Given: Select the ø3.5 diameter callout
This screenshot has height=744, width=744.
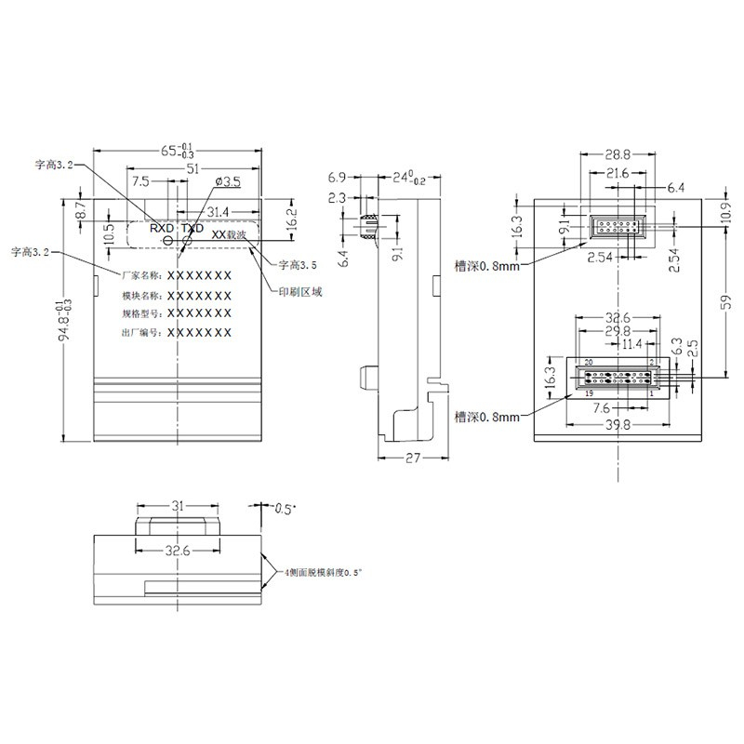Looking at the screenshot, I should tap(228, 180).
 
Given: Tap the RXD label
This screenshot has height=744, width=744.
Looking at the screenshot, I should tap(162, 227).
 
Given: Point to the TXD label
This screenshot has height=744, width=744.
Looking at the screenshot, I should tap(192, 227).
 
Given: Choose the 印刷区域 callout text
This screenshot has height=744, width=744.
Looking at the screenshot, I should tap(301, 291).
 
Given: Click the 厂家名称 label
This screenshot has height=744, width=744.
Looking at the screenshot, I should tap(141, 276).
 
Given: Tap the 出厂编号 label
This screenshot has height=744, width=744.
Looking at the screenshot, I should tap(141, 332).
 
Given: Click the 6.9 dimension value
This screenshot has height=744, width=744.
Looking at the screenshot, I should tap(338, 177).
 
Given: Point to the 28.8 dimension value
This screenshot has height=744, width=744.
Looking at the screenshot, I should tap(615, 154).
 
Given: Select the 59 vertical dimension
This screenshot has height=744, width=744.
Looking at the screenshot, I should tap(729, 300).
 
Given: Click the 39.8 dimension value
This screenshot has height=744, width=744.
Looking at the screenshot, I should tap(616, 425).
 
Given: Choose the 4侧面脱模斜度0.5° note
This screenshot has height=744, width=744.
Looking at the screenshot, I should tap(322, 573).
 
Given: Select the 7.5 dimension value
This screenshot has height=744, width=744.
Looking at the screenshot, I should tap(141, 180).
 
